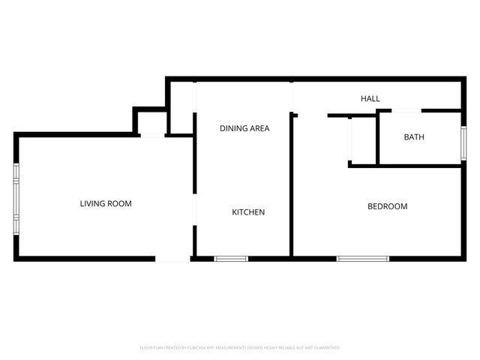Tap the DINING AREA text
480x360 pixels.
point(244,128)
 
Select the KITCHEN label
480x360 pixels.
point(247,212)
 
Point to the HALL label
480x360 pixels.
point(370,99)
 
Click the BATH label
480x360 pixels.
point(414,137)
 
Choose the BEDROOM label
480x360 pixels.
point(387,206)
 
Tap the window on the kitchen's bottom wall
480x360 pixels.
point(231,259)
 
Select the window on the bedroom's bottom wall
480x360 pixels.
point(363,259)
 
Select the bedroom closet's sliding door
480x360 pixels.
point(350,139)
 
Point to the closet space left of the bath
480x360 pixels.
point(364,140)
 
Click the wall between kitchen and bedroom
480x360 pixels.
point(292,187)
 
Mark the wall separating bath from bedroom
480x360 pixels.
point(418,165)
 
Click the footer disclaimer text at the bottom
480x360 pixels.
point(240,348)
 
